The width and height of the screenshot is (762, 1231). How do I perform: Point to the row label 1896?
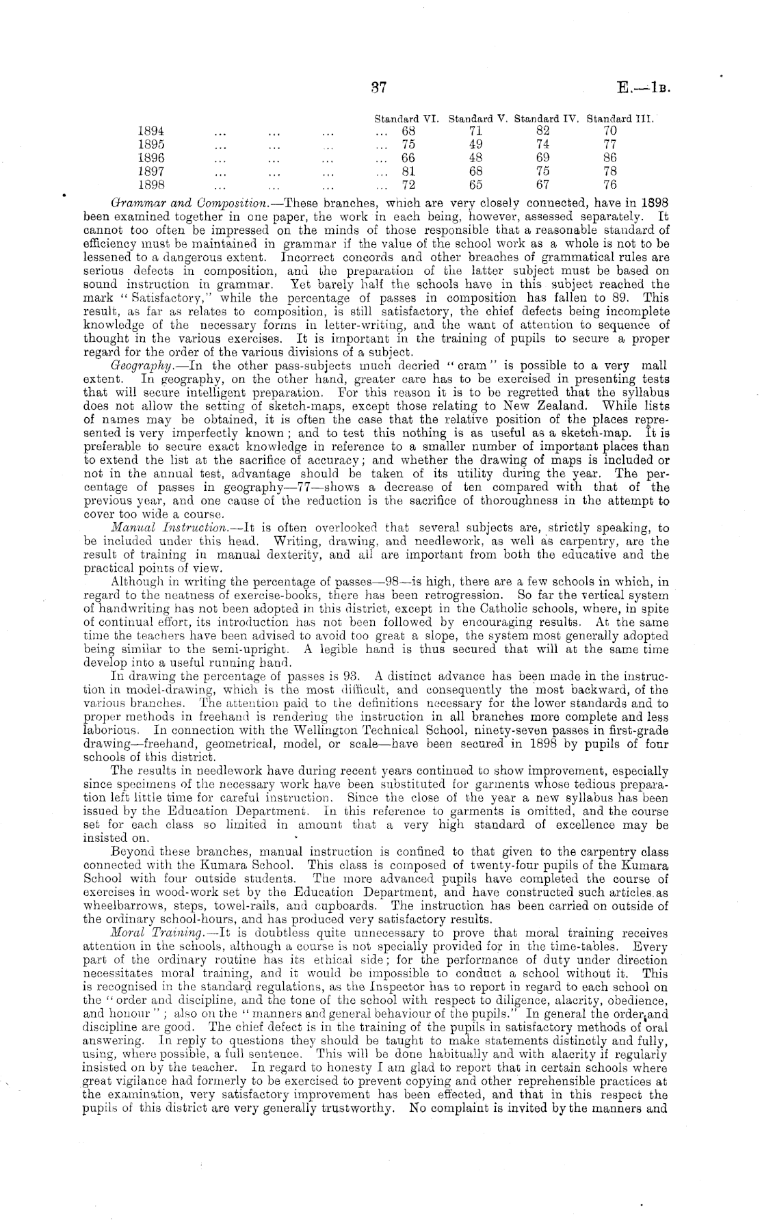(150, 158)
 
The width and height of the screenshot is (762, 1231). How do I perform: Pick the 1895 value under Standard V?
(476, 144)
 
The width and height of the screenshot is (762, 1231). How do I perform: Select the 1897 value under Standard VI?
(408, 171)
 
